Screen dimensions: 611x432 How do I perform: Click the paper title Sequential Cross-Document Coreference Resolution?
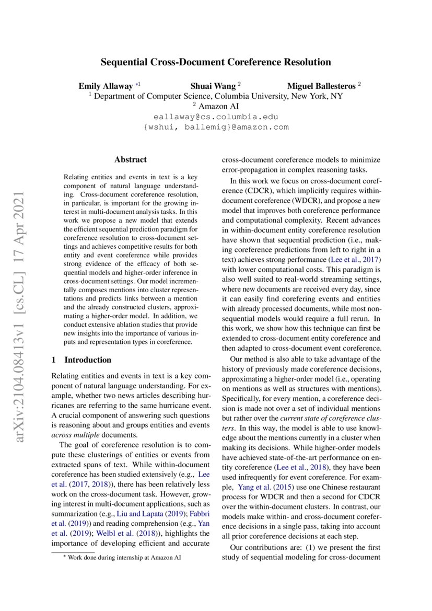tap(216, 62)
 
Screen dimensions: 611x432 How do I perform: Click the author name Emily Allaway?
tap(106, 86)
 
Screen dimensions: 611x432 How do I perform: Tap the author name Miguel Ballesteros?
tap(321, 86)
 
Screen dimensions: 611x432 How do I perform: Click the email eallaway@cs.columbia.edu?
tap(216, 117)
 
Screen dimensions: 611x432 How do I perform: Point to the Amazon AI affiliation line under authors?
tap(216, 106)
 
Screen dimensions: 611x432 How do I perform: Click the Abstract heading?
tap(131, 159)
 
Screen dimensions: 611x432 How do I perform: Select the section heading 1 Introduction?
tap(81, 360)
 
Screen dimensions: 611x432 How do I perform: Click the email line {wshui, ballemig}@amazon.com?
tap(216, 127)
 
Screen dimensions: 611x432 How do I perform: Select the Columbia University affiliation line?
tap(216, 96)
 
